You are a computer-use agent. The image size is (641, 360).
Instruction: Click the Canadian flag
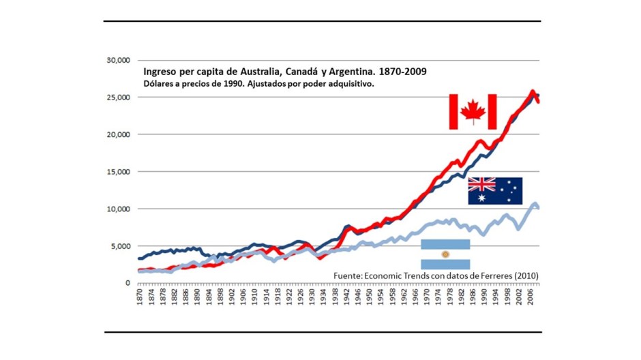click(x=473, y=112)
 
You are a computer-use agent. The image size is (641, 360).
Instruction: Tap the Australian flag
click(x=495, y=191)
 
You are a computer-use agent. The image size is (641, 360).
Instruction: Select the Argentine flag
click(x=445, y=254)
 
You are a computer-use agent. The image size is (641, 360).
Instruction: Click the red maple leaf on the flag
click(x=473, y=112)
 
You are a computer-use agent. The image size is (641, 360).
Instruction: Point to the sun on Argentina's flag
click(x=445, y=254)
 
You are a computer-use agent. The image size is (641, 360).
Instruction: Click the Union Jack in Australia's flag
click(x=481, y=184)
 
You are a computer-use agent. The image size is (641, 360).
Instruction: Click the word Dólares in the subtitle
click(x=158, y=84)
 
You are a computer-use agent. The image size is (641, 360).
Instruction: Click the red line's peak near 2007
click(x=533, y=91)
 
